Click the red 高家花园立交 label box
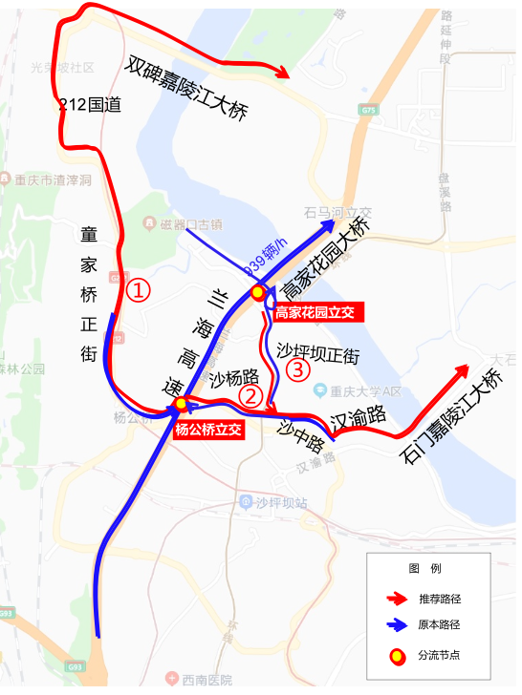pos(315,312)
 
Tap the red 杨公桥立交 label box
pos(207,430)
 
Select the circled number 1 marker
pos(140,290)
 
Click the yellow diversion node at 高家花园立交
pos(257,291)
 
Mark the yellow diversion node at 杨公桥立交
pos(181,405)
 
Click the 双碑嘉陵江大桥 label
pos(187,87)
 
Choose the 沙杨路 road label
pos(234,379)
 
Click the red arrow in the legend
pos(396,599)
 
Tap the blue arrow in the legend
pos(396,625)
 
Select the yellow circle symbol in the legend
pos(395,656)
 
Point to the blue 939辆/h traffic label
pos(266,253)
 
